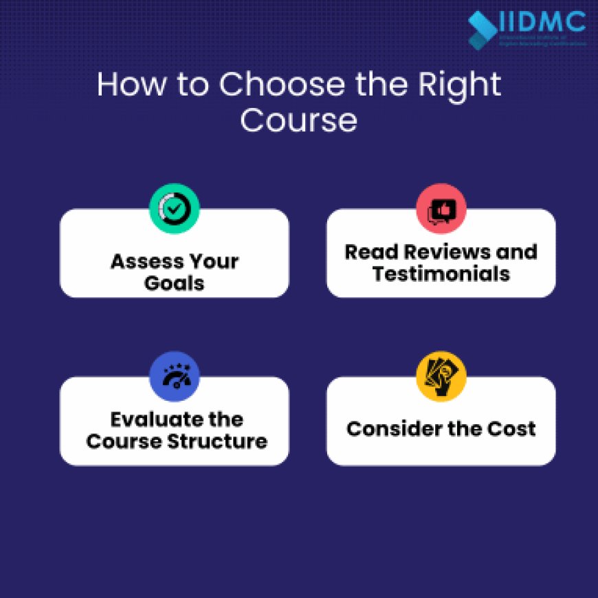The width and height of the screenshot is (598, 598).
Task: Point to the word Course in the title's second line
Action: click(x=298, y=120)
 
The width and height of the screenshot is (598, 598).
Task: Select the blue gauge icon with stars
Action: click(x=175, y=377)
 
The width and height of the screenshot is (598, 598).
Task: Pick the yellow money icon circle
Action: click(x=441, y=377)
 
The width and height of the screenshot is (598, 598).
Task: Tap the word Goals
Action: click(x=175, y=283)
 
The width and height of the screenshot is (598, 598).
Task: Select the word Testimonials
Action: click(x=441, y=274)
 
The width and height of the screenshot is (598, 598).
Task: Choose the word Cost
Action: click(x=512, y=429)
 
